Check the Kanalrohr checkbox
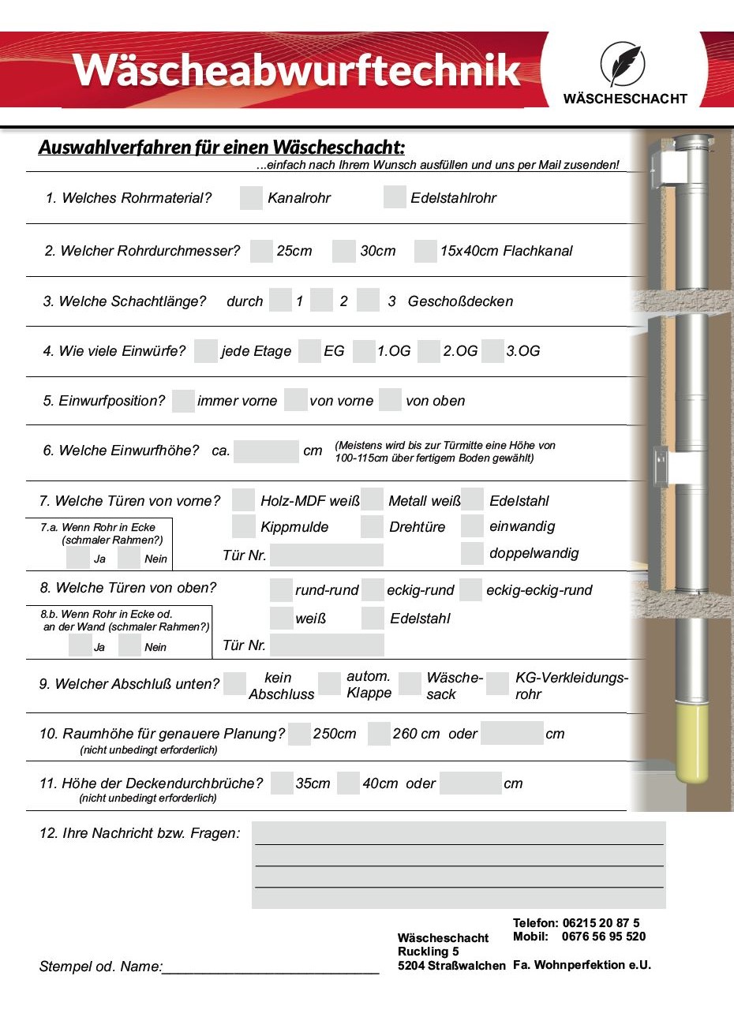[251, 198]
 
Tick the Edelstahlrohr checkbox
[395, 197]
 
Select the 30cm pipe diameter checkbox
[343, 251]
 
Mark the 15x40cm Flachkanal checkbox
[425, 251]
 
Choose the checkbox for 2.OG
[429, 351]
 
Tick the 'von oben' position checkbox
[390, 400]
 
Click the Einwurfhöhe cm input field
[266, 451]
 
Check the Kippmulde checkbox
[244, 526]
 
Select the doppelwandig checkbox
[472, 553]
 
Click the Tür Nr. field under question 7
[326, 555]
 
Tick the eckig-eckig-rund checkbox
[470, 590]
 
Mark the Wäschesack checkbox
[410, 684]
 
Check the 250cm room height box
[299, 734]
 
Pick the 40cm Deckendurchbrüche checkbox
[348, 783]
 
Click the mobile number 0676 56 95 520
[603, 937]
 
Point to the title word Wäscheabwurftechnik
[297, 69]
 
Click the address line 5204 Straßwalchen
[451, 966]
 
